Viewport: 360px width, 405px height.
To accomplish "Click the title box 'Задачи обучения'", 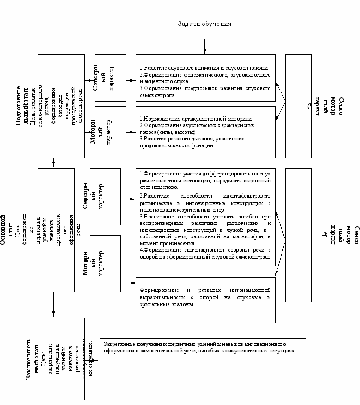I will pyautogui.click(x=205, y=28).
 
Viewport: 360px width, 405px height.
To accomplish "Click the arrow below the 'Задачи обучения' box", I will pyautogui.click(x=205, y=46).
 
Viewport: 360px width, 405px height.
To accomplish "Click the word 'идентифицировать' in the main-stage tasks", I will pyautogui.click(x=242, y=196).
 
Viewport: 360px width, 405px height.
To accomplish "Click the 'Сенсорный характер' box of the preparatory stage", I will pyautogui.click(x=110, y=78).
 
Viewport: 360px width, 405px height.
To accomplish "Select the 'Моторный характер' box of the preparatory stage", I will pyautogui.click(x=110, y=131).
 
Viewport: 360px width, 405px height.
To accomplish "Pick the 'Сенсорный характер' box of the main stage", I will pyautogui.click(x=105, y=197).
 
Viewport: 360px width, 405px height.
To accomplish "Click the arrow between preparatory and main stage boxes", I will pyautogui.click(x=54, y=163).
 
